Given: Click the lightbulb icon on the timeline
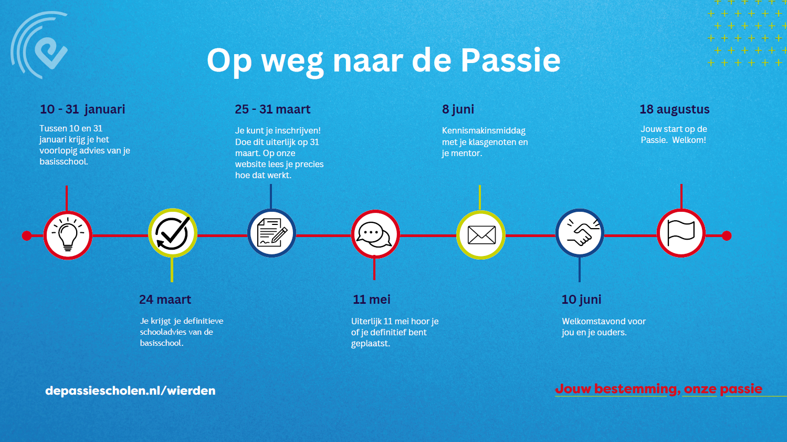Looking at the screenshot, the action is click(x=68, y=234).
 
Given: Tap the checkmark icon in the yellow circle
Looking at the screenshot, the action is click(x=173, y=233).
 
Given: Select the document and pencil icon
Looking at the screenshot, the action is click(x=272, y=232).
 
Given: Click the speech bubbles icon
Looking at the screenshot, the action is click(x=374, y=234).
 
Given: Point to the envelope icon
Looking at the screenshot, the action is click(x=481, y=234).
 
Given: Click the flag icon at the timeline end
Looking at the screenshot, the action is click(x=681, y=233).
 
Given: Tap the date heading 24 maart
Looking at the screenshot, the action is click(x=165, y=299).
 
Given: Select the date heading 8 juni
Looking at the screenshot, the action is click(x=458, y=109).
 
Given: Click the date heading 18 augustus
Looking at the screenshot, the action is click(x=675, y=109).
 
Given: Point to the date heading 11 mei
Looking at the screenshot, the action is click(x=372, y=299).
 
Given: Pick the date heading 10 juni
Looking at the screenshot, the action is click(x=582, y=300).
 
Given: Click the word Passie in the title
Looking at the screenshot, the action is click(x=510, y=60).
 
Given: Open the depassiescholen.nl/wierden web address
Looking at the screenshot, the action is click(x=130, y=390).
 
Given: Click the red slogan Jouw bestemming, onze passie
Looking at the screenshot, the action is click(x=659, y=389).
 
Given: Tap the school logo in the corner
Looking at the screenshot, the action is click(x=39, y=45).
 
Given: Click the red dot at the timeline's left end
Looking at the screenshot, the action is click(x=27, y=235).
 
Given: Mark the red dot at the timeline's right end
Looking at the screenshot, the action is click(x=727, y=235).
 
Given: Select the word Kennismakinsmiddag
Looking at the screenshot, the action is click(x=484, y=130).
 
